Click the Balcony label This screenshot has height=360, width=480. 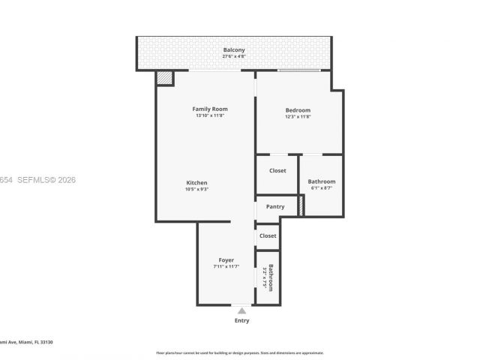click(233, 50)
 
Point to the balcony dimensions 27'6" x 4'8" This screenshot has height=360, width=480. click(233, 57)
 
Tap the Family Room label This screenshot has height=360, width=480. click(209, 109)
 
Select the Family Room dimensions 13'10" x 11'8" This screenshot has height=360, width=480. click(209, 116)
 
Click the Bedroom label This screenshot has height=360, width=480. click(297, 110)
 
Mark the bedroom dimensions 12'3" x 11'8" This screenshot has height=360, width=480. click(297, 117)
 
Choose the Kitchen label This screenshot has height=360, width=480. click(196, 183)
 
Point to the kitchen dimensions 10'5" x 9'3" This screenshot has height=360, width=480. click(196, 190)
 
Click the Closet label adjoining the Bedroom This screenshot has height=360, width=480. click(277, 171)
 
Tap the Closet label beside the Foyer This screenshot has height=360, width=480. click(268, 236)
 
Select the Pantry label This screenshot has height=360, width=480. click(275, 207)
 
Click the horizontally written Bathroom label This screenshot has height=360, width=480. click(321, 181)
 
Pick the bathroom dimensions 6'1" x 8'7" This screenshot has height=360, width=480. click(321, 188)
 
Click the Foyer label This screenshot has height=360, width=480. click(226, 260)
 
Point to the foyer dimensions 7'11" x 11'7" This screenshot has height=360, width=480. click(226, 267)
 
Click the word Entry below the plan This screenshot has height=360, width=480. click(241, 321)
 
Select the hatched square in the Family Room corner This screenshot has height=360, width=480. click(164, 78)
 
